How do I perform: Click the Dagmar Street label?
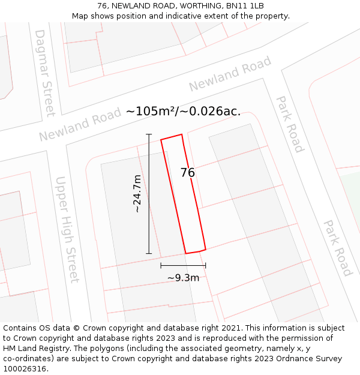[45, 72]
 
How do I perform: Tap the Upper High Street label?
[67, 229]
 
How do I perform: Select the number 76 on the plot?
[188, 173]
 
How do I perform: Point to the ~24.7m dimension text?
[137, 194]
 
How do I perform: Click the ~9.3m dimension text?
[183, 278]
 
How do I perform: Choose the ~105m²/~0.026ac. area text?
[183, 112]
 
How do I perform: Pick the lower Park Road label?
[338, 248]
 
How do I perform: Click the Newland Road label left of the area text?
[76, 125]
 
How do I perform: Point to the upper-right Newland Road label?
[230, 74]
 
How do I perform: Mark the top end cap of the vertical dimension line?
[149, 134]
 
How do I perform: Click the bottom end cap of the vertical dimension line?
[149, 253]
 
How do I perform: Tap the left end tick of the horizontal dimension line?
[161, 265]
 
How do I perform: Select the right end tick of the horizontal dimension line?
[206, 265]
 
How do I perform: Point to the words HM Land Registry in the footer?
[33, 349]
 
